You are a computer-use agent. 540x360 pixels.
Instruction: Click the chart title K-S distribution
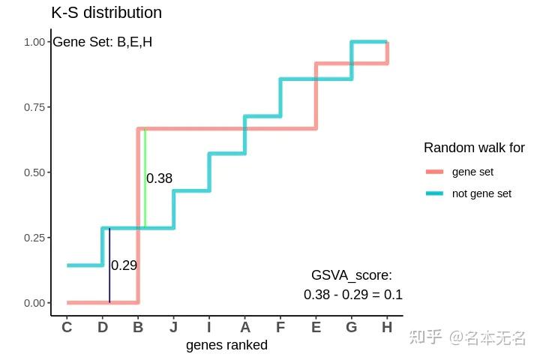(106, 13)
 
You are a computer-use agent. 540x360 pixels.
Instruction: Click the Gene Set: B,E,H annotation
(102, 42)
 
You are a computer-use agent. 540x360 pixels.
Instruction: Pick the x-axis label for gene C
(67, 327)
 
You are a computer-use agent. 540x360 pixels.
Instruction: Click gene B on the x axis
(138, 327)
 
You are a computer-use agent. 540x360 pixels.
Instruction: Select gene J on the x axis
(173, 327)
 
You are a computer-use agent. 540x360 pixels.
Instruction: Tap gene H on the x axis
(387, 327)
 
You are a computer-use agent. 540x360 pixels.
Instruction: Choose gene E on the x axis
(316, 327)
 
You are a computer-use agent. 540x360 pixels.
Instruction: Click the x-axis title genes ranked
(226, 345)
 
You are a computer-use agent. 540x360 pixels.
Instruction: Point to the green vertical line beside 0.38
(145, 180)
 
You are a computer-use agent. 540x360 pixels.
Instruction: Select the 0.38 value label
(160, 178)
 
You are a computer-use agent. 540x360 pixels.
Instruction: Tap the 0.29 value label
(124, 265)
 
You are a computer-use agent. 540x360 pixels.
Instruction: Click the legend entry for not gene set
(481, 193)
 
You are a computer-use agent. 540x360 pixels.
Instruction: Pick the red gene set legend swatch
(435, 172)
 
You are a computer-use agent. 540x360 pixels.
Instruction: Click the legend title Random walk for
(474, 148)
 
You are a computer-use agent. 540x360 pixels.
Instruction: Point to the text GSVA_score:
(352, 276)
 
